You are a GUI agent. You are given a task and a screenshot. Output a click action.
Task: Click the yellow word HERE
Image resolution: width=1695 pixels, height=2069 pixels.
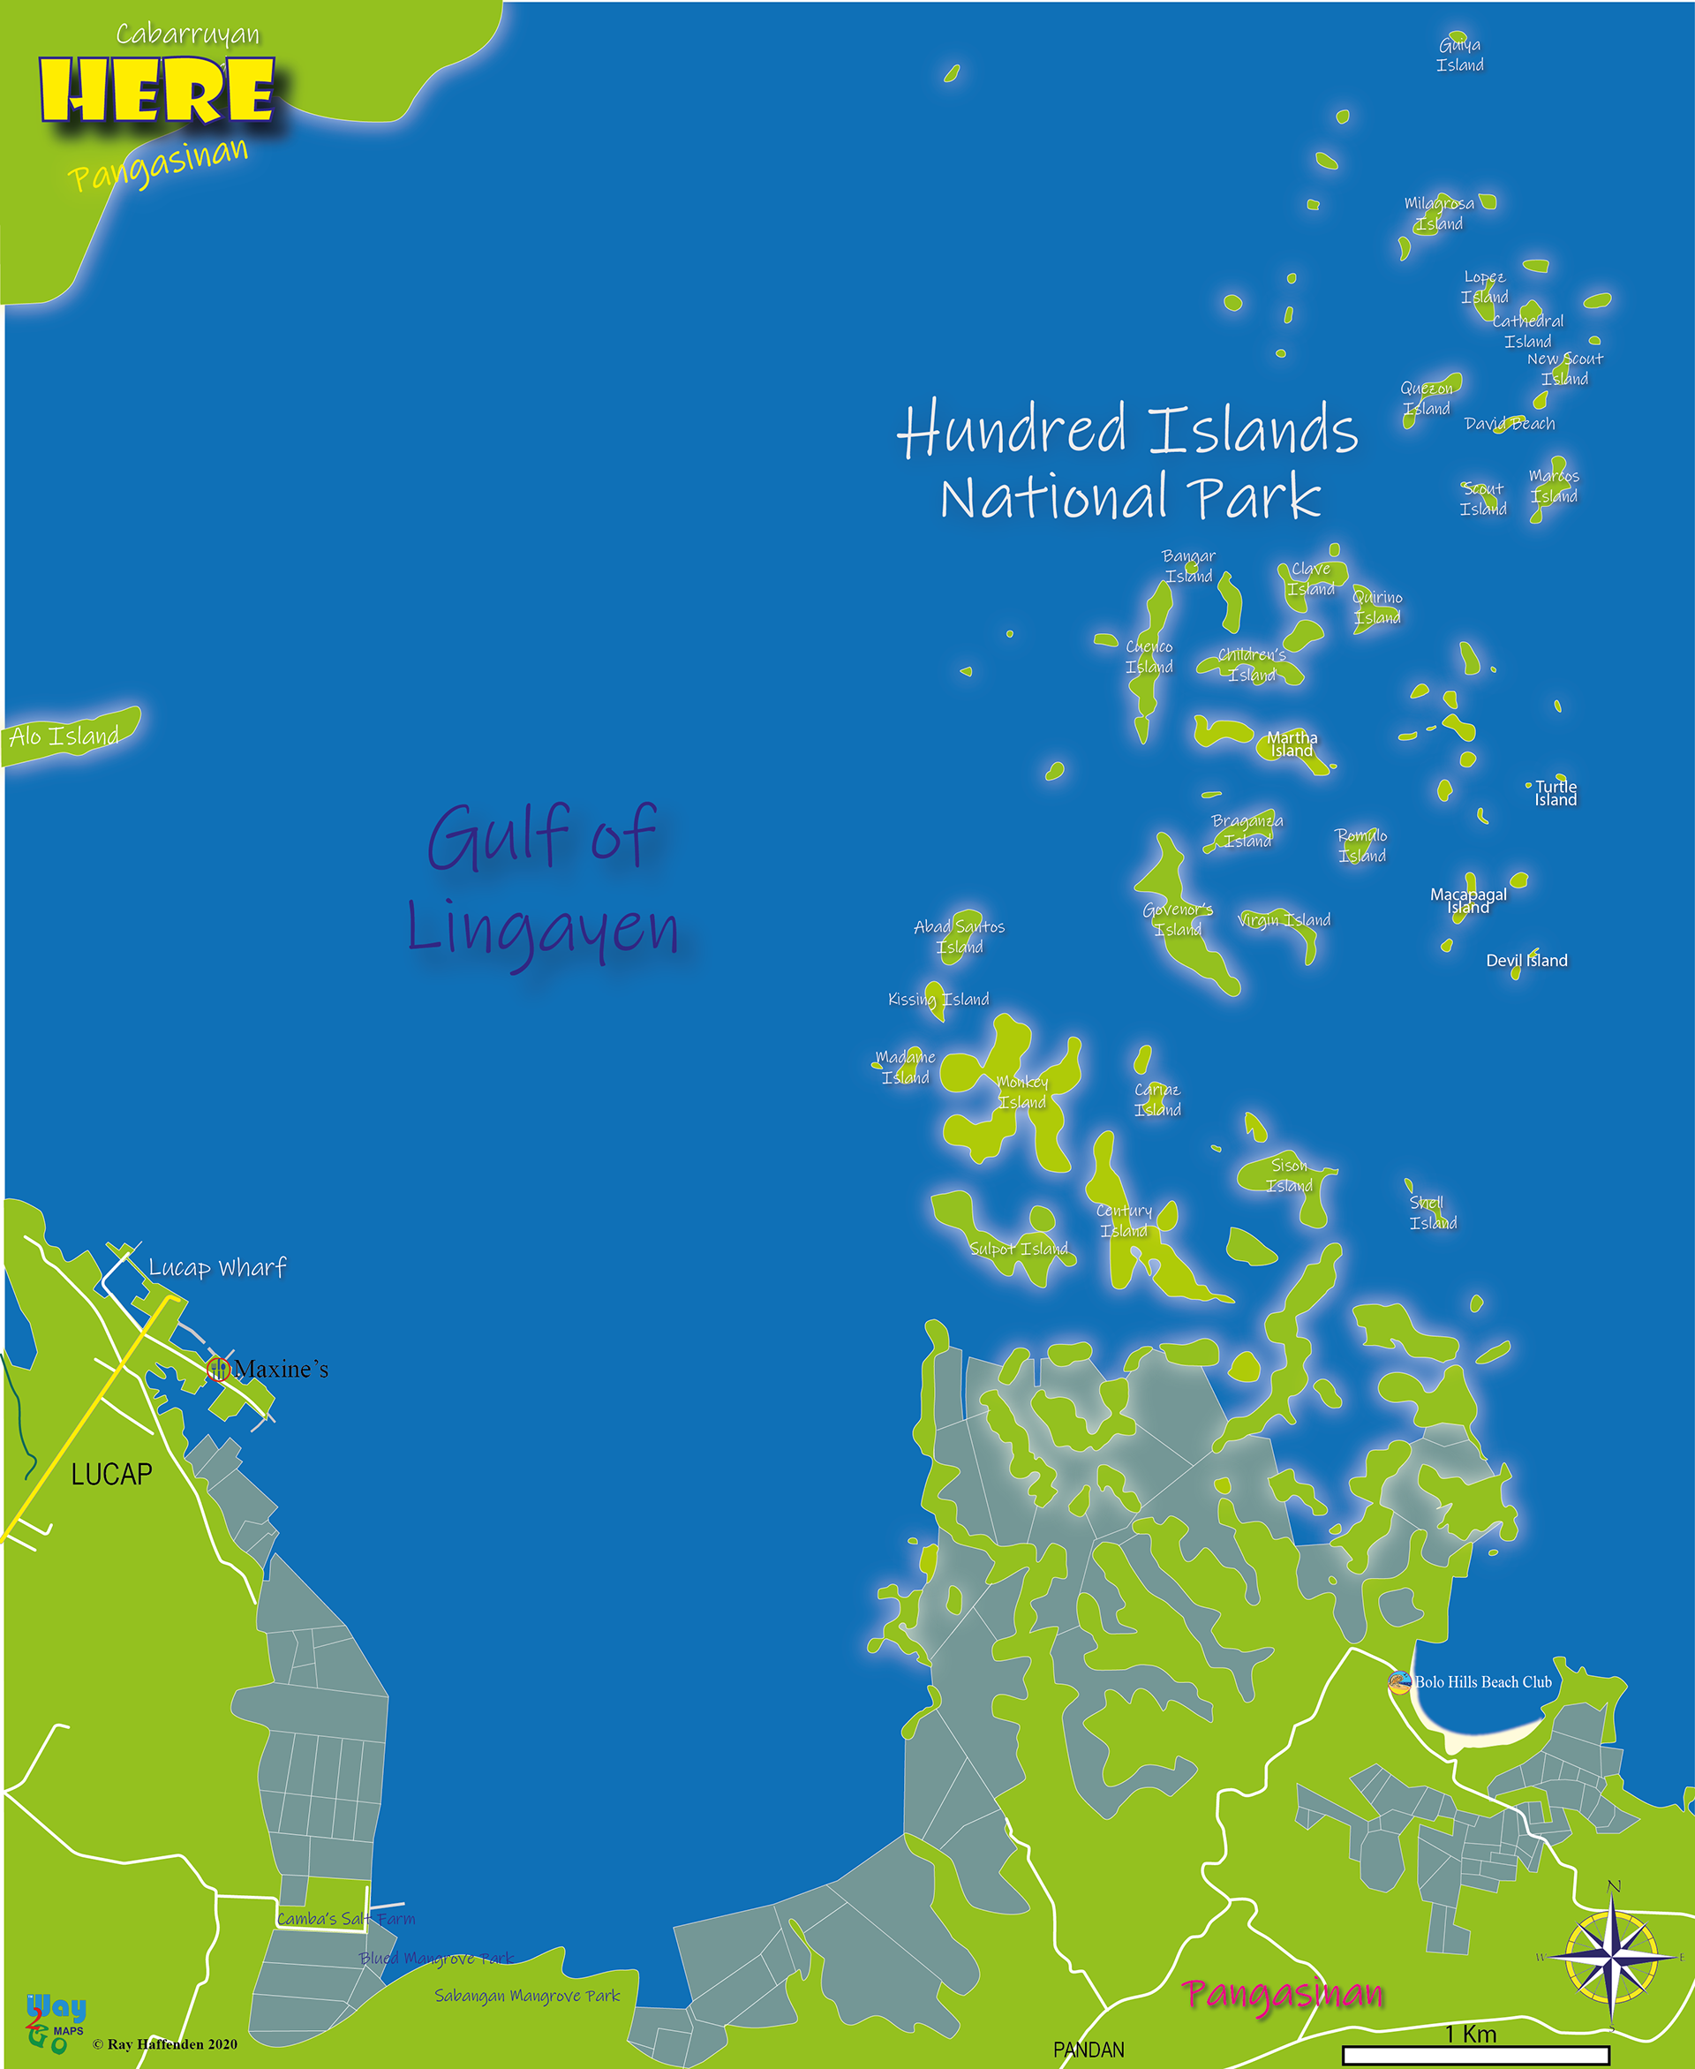156,90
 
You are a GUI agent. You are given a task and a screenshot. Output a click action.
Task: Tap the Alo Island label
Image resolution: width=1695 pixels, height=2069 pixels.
64,736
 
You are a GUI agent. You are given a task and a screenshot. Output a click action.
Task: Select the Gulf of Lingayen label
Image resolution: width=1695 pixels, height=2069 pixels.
543,880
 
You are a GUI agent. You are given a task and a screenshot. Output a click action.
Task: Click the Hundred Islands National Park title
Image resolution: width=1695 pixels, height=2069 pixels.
1127,461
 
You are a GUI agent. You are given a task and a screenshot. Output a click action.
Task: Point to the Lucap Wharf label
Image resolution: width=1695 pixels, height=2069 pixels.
217,1268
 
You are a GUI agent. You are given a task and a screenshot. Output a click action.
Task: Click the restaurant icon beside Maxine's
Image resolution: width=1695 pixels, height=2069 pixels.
217,1369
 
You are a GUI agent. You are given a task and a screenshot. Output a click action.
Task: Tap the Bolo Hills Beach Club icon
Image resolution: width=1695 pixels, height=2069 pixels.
1399,1682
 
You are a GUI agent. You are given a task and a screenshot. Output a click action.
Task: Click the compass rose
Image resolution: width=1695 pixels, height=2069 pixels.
1612,1957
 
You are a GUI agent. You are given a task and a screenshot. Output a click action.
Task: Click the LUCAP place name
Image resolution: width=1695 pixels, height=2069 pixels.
111,1475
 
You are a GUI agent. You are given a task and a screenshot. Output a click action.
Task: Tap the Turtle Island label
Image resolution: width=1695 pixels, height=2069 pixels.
1556,793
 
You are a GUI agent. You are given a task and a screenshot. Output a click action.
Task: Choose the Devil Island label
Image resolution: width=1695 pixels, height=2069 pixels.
1526,961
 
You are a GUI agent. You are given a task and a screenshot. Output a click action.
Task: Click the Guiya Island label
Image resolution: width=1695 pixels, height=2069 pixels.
1459,55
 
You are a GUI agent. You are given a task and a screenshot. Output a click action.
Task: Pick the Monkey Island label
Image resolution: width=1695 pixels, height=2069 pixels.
1022,1091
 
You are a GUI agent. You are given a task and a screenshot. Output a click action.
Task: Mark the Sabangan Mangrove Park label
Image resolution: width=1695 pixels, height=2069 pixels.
527,1996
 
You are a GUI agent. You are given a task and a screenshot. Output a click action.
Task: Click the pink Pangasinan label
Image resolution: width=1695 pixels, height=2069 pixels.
1282,1994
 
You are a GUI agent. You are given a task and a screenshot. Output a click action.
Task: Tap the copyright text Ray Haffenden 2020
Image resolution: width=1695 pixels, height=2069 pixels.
165,2044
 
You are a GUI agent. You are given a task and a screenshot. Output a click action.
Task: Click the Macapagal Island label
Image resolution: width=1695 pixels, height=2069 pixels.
1468,900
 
